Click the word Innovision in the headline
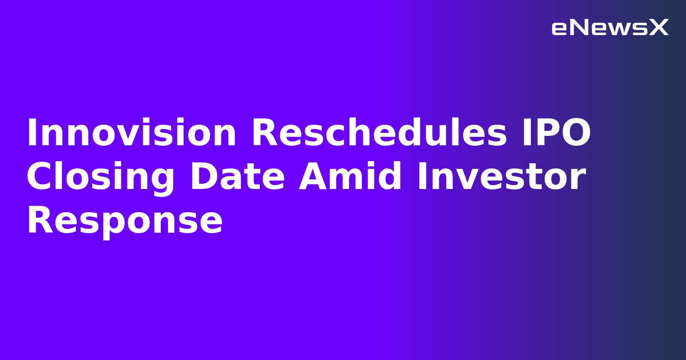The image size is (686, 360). pos(131,133)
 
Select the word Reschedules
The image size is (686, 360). pos(379,133)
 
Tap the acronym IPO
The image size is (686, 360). pos(556,133)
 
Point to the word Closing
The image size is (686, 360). pos(100,177)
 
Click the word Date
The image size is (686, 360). pos(238,177)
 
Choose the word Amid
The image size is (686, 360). pos(350,177)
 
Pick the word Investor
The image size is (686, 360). pos(501,177)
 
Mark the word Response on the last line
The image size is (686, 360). pos(124,221)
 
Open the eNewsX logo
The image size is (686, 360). pos(610,28)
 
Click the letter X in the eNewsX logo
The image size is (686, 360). pos(659,28)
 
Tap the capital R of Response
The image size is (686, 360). pos(39,221)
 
